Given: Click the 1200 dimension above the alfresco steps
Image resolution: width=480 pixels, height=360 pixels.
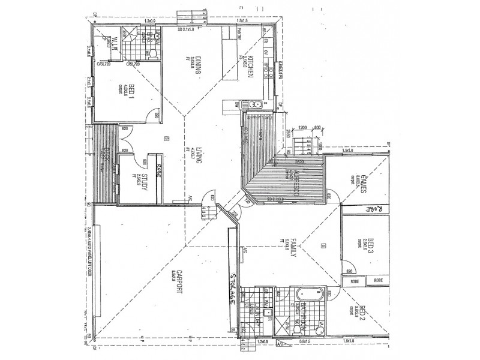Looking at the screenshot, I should (x=302, y=128).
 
